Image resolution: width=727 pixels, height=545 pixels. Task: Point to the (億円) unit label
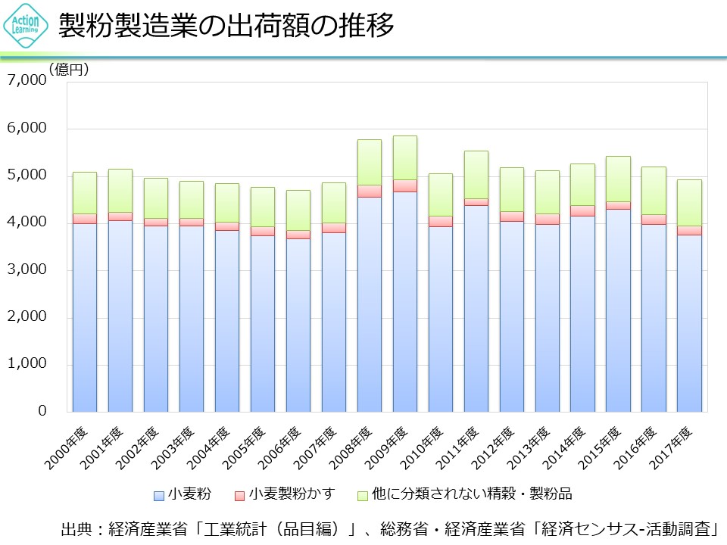coord(69,70)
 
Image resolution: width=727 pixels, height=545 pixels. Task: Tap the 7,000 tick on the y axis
coord(27,80)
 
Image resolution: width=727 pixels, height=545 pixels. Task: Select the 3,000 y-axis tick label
coord(27,269)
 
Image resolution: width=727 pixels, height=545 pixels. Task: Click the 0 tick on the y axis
coord(42,411)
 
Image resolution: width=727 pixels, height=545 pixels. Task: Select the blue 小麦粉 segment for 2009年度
coord(404,303)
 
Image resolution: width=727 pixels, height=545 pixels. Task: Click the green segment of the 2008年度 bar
coord(369,162)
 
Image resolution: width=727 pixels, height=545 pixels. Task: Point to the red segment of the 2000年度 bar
coord(84,219)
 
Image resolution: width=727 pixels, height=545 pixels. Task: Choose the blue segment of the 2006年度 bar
coord(298,325)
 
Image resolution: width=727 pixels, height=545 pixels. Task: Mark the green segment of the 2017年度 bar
coord(689,202)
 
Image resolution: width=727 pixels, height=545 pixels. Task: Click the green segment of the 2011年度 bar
coord(476,175)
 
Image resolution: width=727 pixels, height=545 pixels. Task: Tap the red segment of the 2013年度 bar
coord(547,219)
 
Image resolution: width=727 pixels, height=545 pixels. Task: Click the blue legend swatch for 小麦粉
coord(159,496)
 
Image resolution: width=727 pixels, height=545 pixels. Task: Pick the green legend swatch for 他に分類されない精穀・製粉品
coord(363,496)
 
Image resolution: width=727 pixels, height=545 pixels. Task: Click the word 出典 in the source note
coord(76,528)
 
